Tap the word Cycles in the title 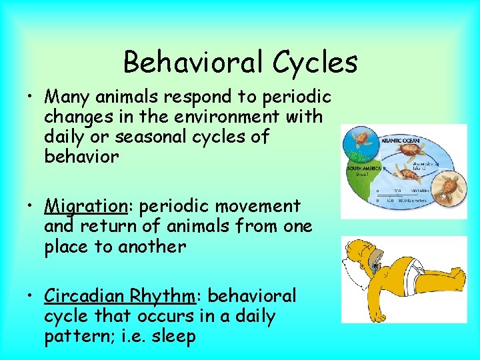[x=315, y=63]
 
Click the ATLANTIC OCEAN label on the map [x=399, y=141]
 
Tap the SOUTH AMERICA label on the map [x=364, y=169]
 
